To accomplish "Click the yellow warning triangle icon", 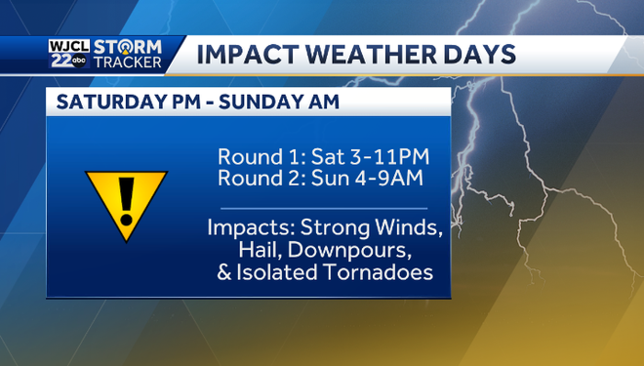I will point(126,200).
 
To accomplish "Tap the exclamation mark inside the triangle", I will point(126,197).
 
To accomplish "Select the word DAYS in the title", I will point(478,54).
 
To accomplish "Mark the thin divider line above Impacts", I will point(324,208).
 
